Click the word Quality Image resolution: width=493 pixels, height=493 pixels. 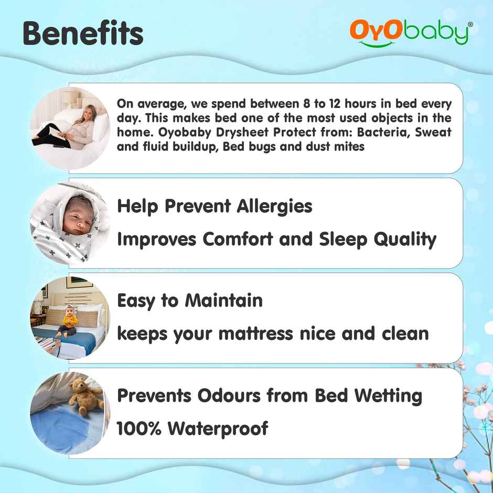point(404,239)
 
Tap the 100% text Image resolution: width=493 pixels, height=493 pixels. point(138,428)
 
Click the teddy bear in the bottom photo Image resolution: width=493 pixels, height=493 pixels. point(85,395)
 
